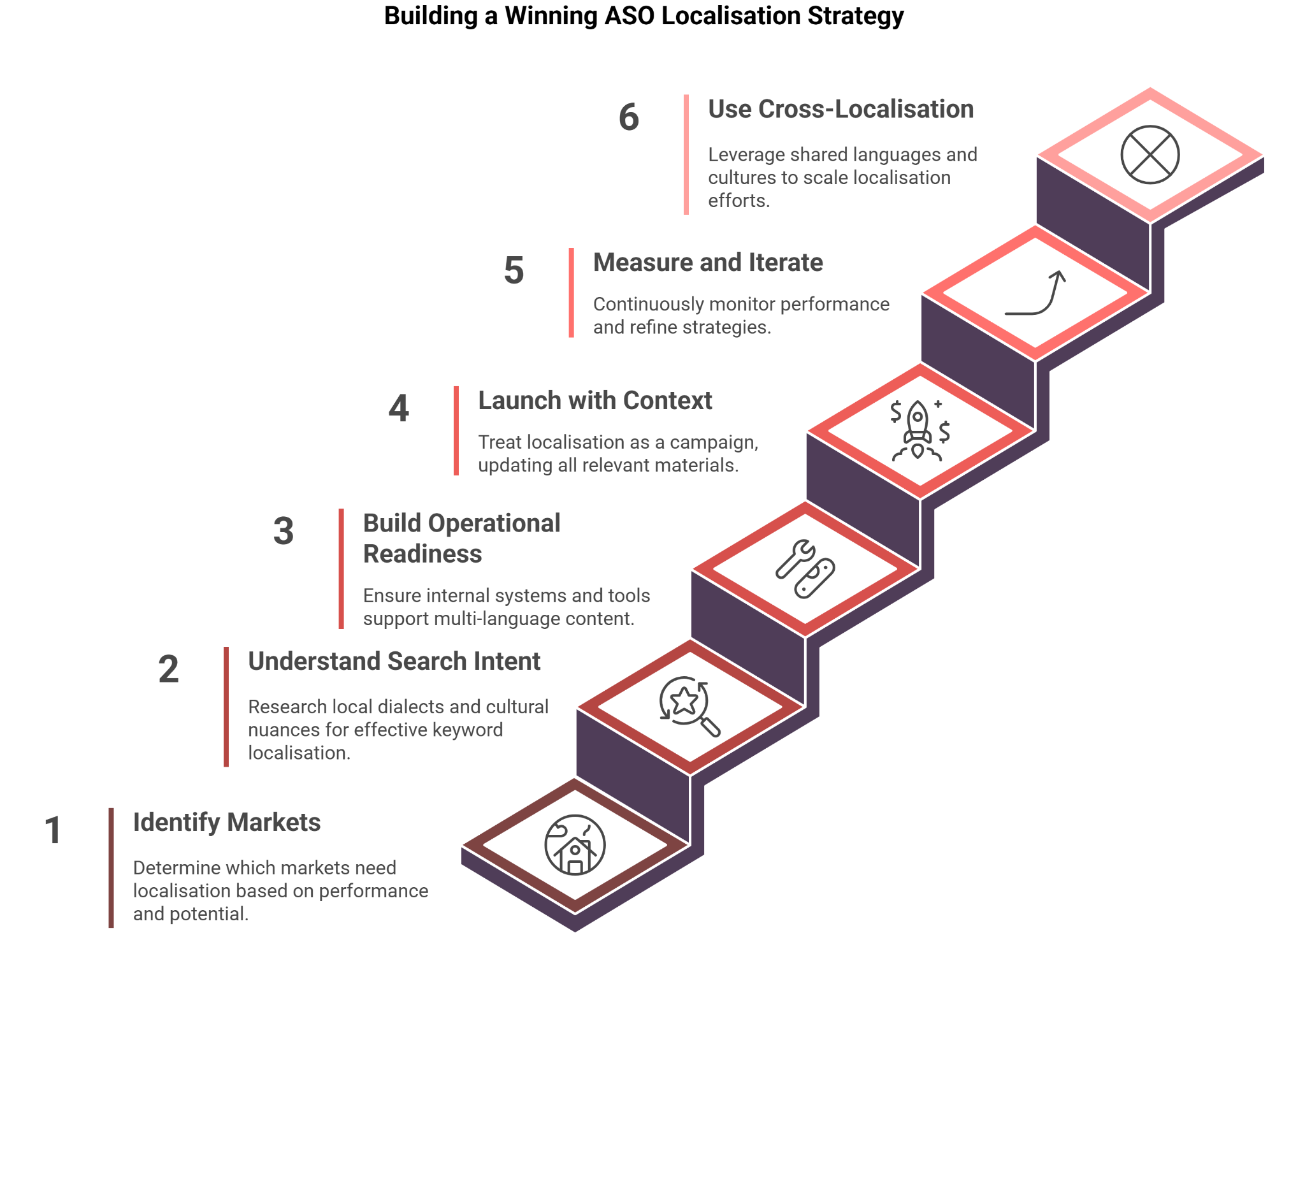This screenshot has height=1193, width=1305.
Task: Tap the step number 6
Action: point(628,117)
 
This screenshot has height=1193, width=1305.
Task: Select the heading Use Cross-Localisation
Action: point(840,110)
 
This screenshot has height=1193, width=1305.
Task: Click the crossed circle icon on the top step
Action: point(1150,155)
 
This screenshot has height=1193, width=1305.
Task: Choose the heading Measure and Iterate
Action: point(707,263)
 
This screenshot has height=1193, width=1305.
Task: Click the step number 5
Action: point(514,271)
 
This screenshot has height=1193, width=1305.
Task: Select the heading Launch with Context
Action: point(595,401)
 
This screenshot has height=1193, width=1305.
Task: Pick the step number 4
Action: point(399,409)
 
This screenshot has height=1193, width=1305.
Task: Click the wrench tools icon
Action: point(805,569)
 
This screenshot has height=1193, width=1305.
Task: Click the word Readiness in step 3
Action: point(422,554)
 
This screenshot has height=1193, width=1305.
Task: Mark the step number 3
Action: point(284,531)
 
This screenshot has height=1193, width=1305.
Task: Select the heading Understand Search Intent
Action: point(394,662)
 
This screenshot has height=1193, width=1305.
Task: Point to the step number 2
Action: point(168,669)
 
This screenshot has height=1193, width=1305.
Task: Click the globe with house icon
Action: point(575,846)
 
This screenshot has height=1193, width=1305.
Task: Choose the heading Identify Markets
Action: point(227,823)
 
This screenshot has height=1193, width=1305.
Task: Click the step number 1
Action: point(53,830)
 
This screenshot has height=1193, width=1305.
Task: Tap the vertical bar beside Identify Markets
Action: point(112,867)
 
